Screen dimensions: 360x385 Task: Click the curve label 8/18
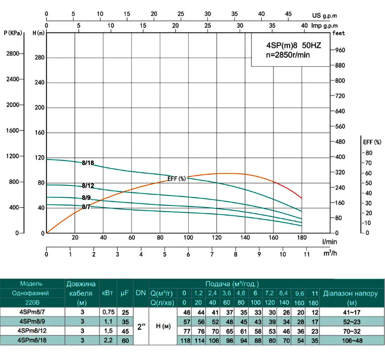pos(88,163)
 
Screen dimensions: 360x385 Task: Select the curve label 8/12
pos(88,186)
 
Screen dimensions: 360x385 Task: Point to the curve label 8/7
pos(86,207)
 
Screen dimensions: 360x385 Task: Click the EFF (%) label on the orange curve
pos(177,178)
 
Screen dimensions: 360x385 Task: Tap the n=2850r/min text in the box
pos(288,54)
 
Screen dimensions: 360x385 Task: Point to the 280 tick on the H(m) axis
pos(39,58)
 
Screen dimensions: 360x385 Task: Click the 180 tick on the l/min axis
pos(301,238)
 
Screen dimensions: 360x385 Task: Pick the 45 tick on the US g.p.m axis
pos(288,14)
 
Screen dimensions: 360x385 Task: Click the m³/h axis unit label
pos(330,253)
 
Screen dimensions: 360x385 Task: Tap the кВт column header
pos(107,293)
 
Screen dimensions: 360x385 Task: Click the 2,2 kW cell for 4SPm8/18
pos(107,340)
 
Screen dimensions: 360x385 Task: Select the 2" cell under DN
pos(141,326)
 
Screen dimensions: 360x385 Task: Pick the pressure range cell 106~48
pos(353,340)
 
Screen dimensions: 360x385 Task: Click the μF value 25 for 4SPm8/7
pos(125,312)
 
